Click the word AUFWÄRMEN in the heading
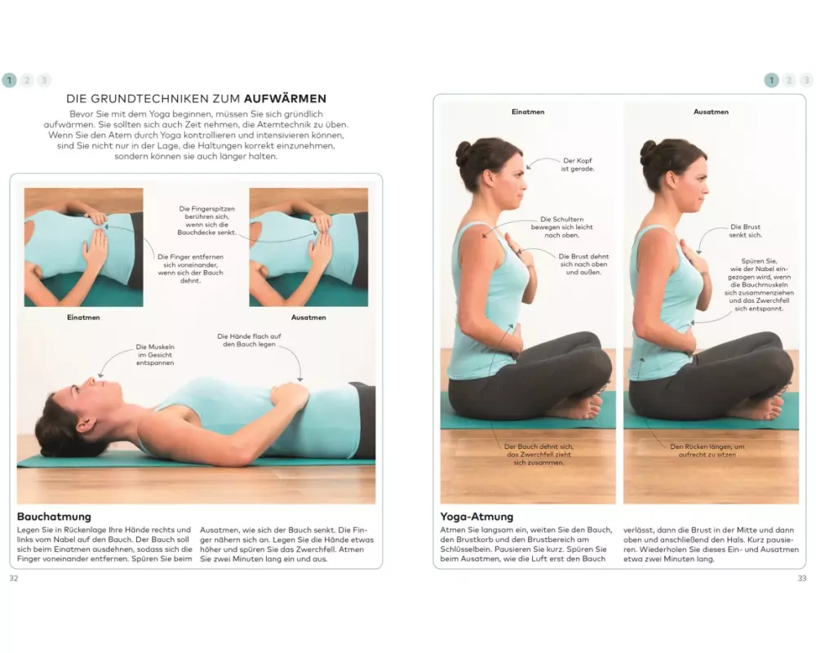coord(285,99)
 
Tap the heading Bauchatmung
coord(54,517)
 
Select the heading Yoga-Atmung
coord(477,517)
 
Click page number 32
coord(14,579)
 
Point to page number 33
coord(802,579)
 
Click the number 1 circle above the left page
coord(9,80)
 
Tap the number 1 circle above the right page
coord(772,80)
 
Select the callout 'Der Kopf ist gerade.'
coord(577,165)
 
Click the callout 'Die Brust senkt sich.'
coord(745,231)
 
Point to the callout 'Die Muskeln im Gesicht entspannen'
coord(155,354)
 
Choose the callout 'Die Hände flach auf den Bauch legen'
coord(249,340)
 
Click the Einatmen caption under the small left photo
coord(83,318)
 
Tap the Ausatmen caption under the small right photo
coord(308,318)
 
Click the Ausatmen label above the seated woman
coord(711,112)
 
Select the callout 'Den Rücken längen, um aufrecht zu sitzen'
coord(707,451)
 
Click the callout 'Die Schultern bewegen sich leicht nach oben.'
coord(561,227)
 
